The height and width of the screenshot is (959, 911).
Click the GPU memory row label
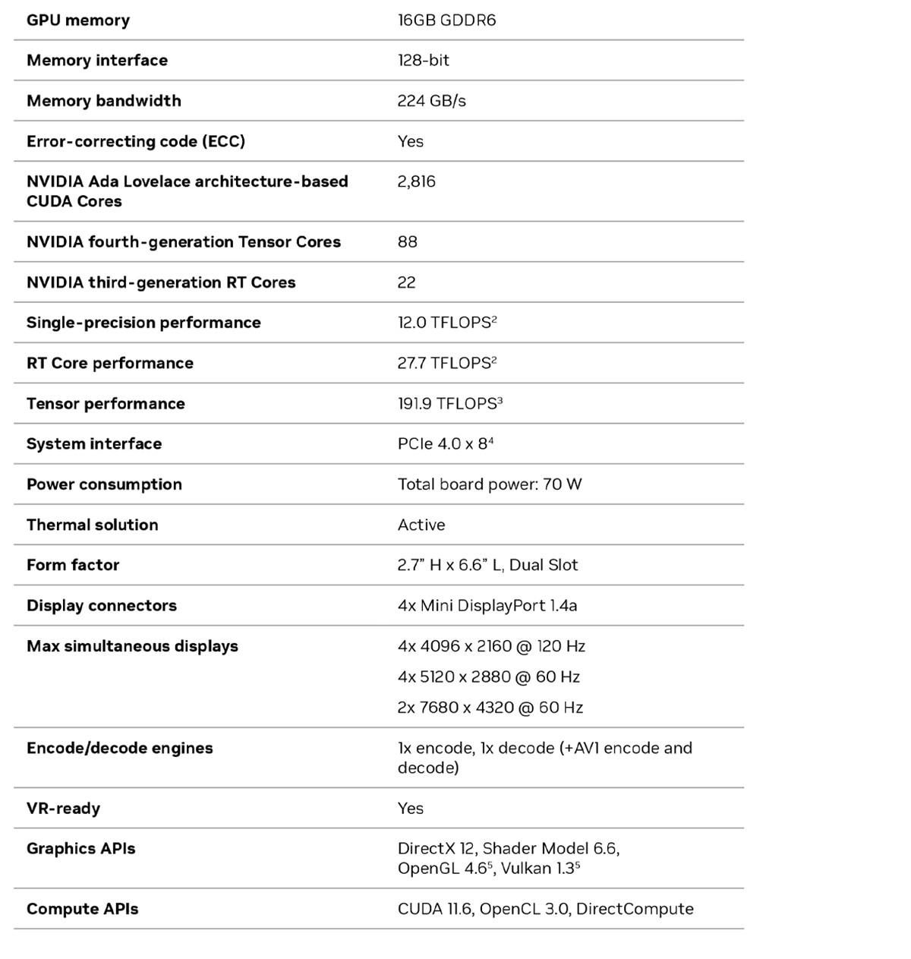coord(78,21)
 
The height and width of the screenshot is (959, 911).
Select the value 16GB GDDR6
coord(446,21)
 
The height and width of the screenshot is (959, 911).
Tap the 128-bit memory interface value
coord(423,61)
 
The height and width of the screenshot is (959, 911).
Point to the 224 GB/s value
coord(431,101)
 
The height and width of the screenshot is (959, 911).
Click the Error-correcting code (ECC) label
coord(136,141)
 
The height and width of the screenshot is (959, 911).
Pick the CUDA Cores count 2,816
coord(416,181)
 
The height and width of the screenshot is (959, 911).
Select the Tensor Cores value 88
coord(407,242)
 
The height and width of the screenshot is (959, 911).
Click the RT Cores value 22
coord(406,282)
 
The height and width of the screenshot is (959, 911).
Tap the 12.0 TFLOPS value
coord(446,323)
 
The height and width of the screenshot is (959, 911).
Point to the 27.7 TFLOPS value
coord(446,363)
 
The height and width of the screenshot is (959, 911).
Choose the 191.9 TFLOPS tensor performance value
coord(449,404)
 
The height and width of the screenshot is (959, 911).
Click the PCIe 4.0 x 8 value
coord(445,444)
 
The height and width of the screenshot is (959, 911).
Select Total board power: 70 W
coord(490,484)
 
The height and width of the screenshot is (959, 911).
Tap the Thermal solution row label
coord(93,525)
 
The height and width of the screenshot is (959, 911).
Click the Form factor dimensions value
coord(487,565)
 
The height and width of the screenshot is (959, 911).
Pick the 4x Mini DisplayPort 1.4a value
coord(487,606)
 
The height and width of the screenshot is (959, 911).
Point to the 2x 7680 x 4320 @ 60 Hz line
coord(490,708)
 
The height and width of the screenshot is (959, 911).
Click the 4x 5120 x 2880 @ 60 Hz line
coord(488,677)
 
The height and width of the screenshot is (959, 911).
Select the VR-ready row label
coord(63,809)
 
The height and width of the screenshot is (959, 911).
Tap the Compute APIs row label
coord(83,909)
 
